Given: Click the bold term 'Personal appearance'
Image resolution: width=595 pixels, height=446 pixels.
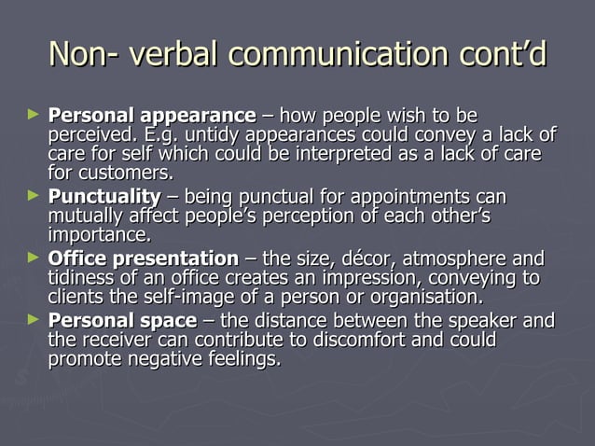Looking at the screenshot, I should [x=151, y=117].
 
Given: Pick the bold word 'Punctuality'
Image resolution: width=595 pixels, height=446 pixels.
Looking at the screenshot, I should [x=104, y=198].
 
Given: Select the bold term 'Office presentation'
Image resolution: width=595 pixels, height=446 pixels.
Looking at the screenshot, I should [x=143, y=258].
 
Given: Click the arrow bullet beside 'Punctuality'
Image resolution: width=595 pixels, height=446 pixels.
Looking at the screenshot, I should [x=35, y=196].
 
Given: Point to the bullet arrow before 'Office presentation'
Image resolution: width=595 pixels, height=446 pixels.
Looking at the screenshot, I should [x=35, y=258].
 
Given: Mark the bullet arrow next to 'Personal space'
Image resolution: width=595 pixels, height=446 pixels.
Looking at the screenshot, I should [x=35, y=320].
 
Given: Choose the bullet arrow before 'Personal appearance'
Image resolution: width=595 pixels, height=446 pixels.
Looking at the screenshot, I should [x=35, y=116].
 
